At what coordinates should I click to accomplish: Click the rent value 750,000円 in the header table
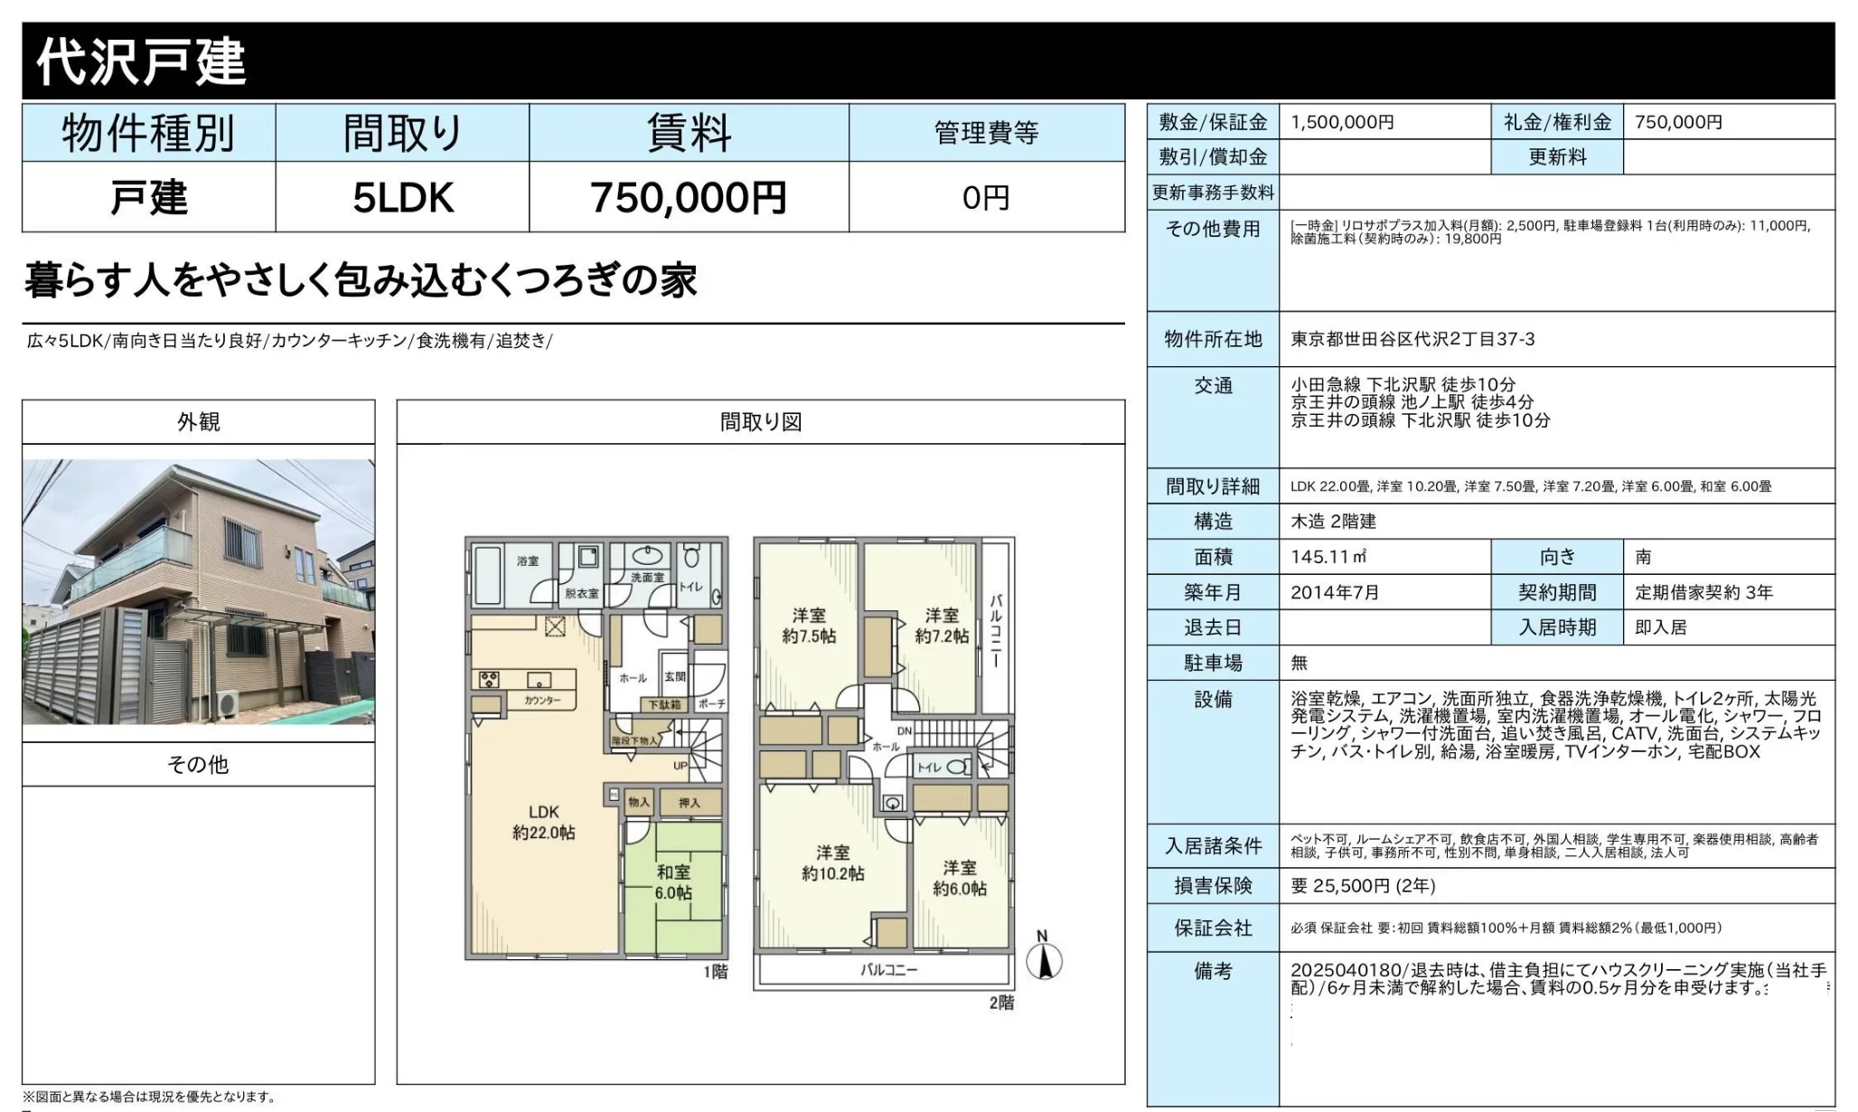coord(688,197)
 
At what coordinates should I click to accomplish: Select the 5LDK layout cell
coord(402,197)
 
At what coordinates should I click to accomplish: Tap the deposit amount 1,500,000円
coord(1342,122)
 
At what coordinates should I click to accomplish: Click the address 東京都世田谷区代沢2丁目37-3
coord(1412,339)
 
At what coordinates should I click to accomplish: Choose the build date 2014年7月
coord(1335,592)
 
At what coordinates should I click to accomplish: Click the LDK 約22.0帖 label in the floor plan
coord(543,822)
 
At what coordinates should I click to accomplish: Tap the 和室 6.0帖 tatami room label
coord(673,881)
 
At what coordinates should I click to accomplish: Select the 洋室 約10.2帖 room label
coord(832,862)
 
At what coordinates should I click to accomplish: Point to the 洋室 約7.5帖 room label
coord(809,626)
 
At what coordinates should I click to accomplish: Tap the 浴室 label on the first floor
coord(528,561)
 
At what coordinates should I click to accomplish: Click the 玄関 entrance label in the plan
coord(674,676)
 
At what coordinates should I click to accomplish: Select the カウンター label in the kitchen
coord(541,701)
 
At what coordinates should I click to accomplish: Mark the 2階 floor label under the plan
coord(1000,1003)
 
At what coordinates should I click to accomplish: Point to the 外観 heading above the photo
coord(198,422)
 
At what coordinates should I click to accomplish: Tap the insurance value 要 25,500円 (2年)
coord(1363,886)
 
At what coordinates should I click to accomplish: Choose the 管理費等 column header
coord(986,133)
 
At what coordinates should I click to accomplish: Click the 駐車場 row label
coord(1213,663)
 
